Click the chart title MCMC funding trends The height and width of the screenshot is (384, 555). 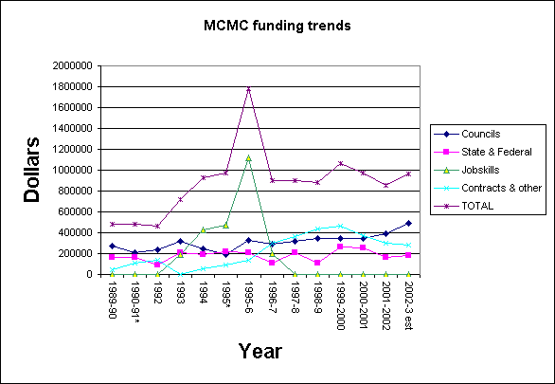[277, 26]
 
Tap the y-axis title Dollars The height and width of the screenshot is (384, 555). [33, 172]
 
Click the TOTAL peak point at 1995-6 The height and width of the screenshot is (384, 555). [248, 88]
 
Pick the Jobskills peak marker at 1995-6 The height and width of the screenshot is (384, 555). [248, 157]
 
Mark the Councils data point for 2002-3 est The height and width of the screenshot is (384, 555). [409, 223]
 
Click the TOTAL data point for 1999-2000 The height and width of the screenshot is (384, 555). [340, 163]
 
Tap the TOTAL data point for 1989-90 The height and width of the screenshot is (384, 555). [112, 224]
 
